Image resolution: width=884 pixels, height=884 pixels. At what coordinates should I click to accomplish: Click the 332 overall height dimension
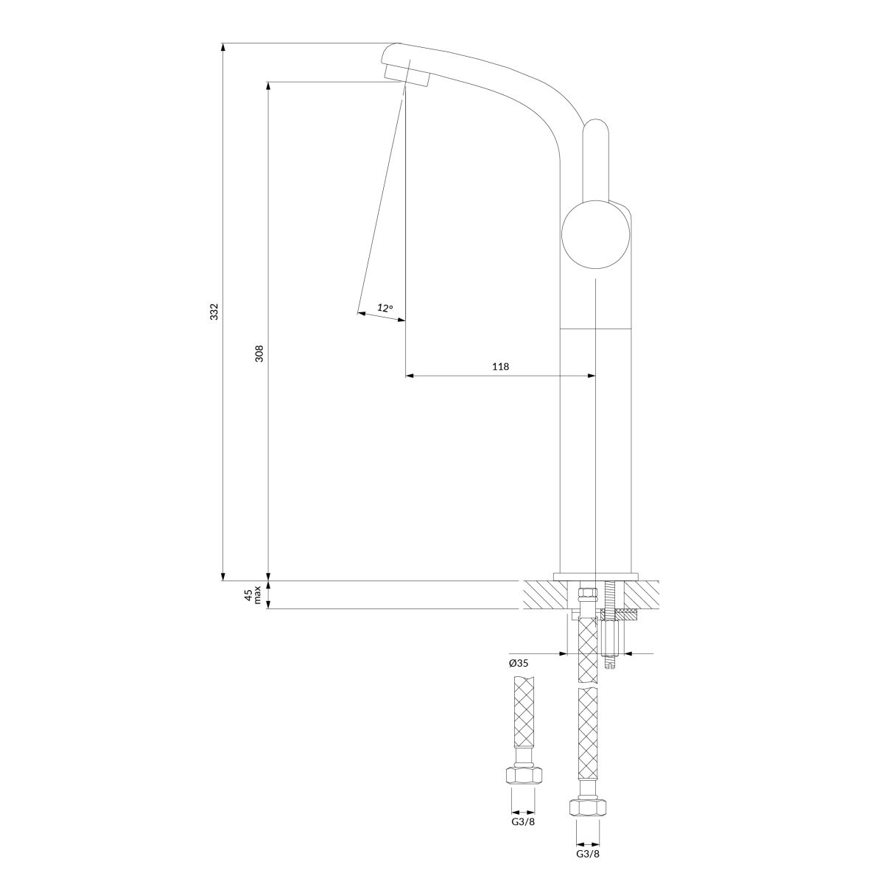pos(214,312)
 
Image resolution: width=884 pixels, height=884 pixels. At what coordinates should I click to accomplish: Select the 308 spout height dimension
pos(259,354)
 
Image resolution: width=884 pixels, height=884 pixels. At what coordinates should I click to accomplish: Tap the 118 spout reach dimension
pos(500,367)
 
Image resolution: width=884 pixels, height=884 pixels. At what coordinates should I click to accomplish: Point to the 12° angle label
pos(385,307)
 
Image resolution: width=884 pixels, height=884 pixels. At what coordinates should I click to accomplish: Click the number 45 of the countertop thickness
pos(248,596)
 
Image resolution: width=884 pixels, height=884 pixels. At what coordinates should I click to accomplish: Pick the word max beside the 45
pos(257,595)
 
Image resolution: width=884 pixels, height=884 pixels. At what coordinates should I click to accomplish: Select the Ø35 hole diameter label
pos(519,663)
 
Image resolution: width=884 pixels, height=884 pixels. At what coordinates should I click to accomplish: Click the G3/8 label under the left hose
pos(524,809)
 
